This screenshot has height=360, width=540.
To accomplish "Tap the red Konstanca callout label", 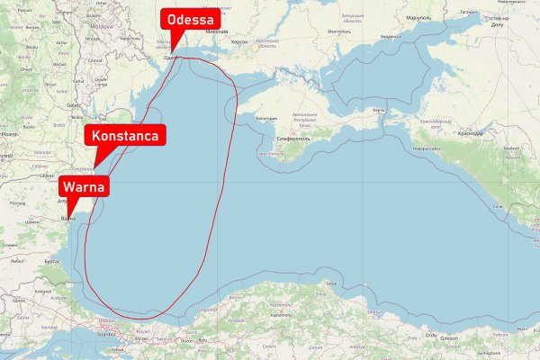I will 126,136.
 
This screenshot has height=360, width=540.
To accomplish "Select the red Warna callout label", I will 84,187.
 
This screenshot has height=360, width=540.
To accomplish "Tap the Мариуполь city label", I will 419,18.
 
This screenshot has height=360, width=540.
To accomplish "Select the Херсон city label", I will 238,42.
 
